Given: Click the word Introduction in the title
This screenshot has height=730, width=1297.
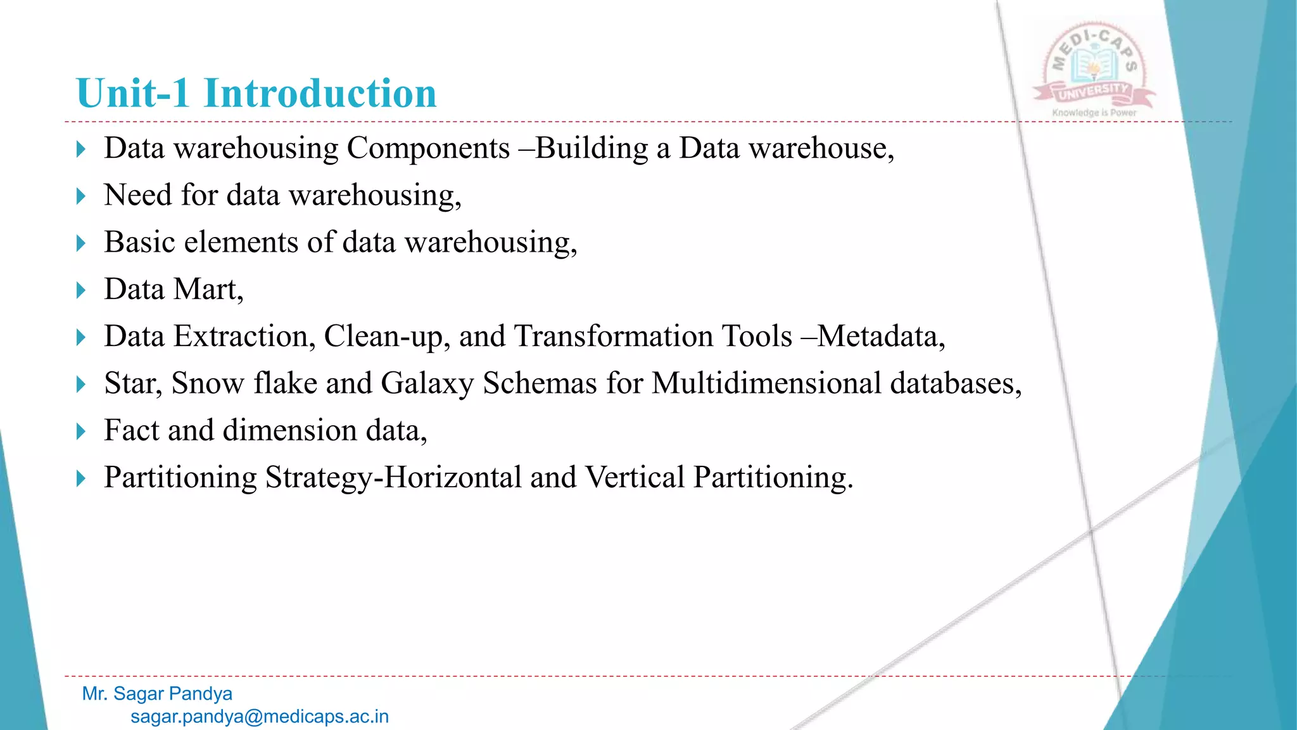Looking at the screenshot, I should coord(320,94).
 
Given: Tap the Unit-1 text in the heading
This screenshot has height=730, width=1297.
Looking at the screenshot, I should coord(132,94).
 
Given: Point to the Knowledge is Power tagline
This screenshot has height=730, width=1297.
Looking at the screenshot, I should coord(1094,113).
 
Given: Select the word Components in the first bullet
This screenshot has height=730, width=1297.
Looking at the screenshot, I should coord(428,149).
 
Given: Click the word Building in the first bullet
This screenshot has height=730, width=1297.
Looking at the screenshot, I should coord(592,149).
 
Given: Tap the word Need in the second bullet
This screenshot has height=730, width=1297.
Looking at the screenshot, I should coord(138,195).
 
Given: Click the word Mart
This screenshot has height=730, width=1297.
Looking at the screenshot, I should coord(208,290).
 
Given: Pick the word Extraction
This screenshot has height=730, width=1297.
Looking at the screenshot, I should coord(244,336).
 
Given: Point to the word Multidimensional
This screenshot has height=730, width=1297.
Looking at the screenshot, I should coord(766,384).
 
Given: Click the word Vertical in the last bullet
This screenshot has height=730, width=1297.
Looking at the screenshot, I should coord(635,478).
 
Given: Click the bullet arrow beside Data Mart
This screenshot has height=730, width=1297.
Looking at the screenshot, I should coord(80,291).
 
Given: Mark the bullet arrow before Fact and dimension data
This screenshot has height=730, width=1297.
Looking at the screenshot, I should coord(80,432).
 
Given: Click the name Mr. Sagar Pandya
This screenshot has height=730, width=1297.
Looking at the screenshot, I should coord(157,694).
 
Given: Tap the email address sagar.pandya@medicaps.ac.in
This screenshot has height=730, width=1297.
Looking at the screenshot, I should coord(260,717).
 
